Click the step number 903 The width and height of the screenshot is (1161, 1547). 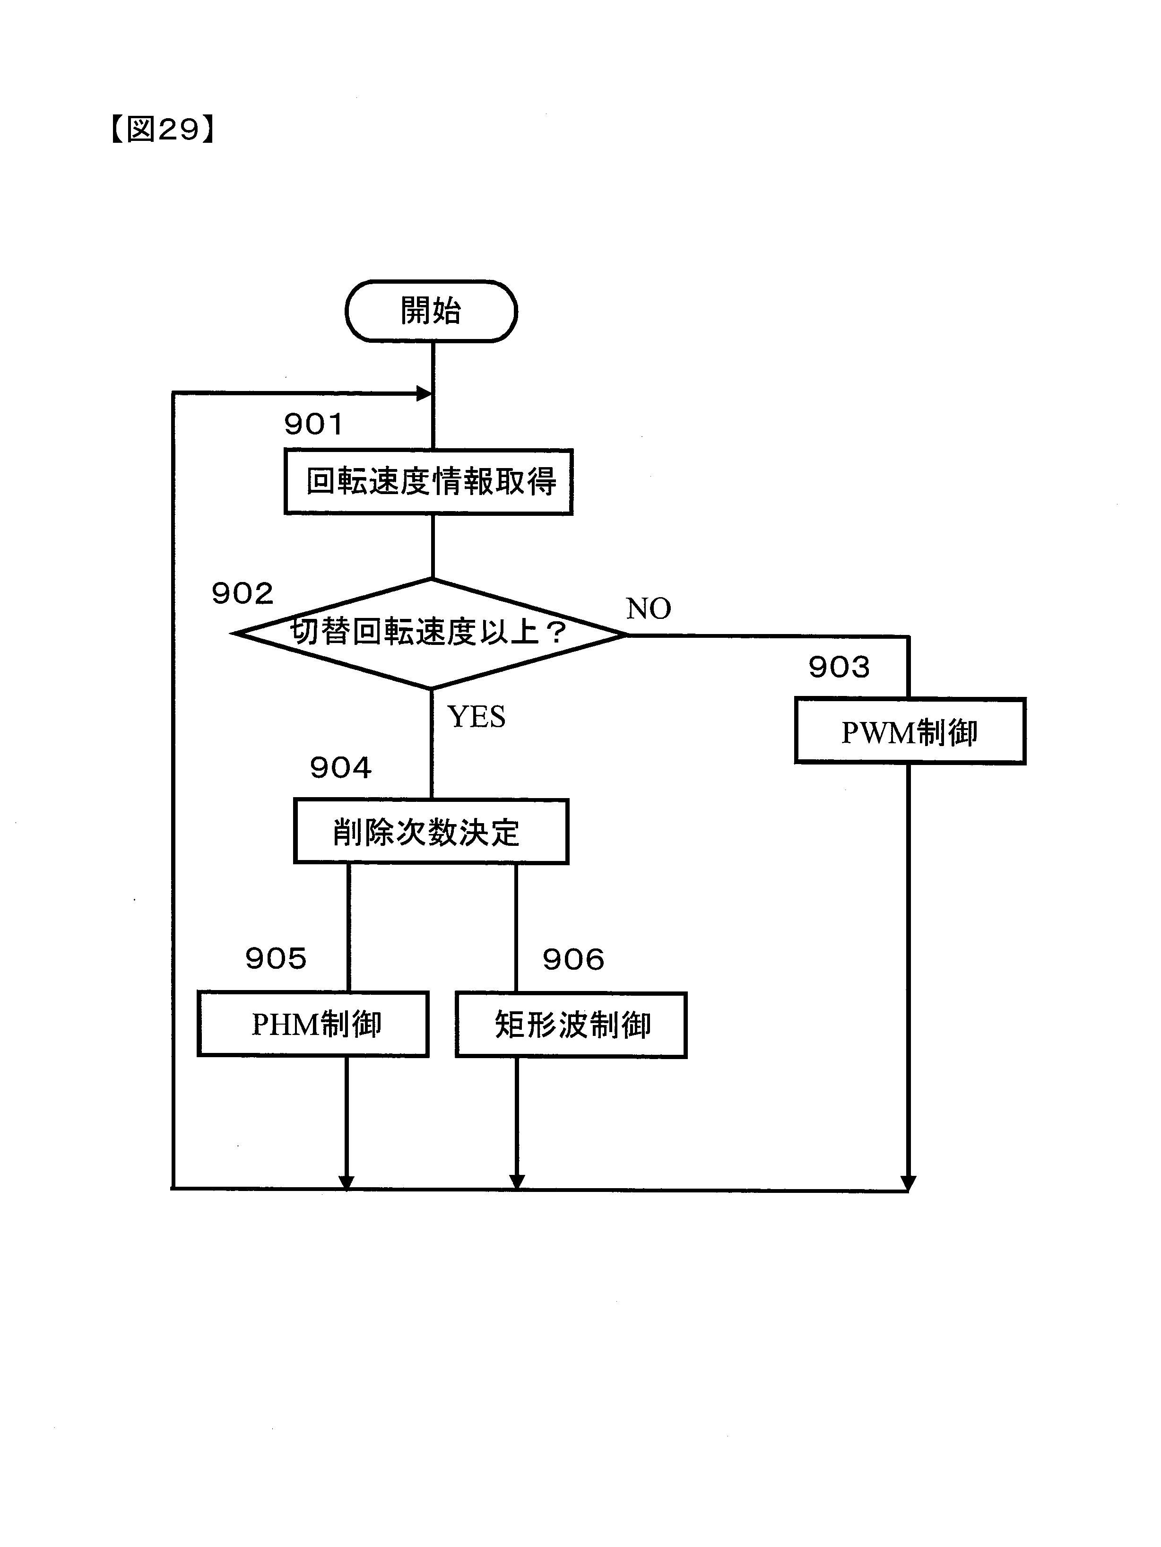[x=839, y=667]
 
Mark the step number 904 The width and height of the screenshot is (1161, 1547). [x=341, y=768]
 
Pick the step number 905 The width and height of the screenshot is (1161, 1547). [x=276, y=959]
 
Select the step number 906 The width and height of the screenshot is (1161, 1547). [x=573, y=959]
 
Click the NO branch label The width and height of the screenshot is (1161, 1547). [x=649, y=609]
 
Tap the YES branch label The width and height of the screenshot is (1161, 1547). [x=477, y=717]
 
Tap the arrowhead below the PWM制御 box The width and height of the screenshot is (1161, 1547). [x=908, y=1182]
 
